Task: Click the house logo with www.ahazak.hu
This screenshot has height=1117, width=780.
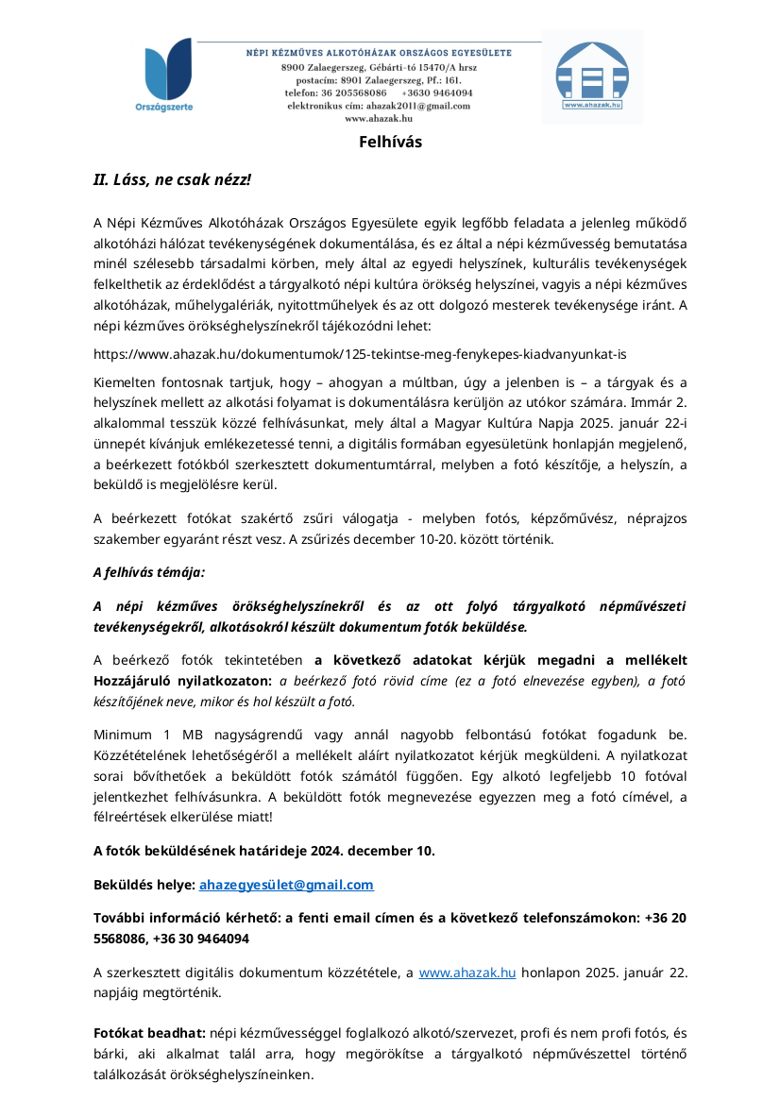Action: (x=592, y=76)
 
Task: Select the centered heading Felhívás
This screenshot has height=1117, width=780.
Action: (x=390, y=143)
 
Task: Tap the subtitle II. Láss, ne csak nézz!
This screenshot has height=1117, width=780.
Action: (x=172, y=179)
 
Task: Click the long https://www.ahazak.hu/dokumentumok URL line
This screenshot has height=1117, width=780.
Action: (x=360, y=354)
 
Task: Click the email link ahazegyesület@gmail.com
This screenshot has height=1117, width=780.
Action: (x=286, y=885)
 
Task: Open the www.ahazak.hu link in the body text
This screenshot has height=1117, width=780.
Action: (x=467, y=973)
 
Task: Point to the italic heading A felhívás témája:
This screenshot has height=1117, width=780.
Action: (x=148, y=572)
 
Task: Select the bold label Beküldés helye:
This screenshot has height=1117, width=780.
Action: (x=144, y=885)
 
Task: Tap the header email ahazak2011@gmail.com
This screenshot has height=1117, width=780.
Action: (x=417, y=106)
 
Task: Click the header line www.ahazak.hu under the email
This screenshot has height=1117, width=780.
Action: (x=379, y=119)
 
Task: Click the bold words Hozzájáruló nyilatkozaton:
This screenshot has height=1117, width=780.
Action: (x=183, y=680)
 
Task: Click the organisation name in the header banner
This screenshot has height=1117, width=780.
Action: (x=379, y=53)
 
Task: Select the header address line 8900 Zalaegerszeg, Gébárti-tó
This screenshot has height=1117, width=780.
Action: (x=368, y=69)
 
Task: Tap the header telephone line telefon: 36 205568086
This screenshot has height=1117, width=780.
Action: (x=336, y=93)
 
